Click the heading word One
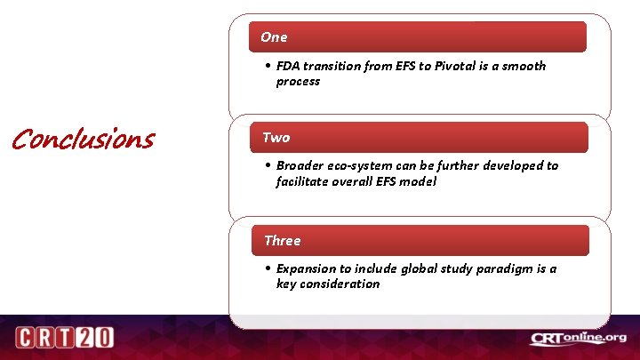click(274, 37)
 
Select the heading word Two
click(276, 138)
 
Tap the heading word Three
click(282, 241)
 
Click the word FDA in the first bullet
click(288, 66)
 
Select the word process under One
click(298, 81)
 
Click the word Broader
click(300, 166)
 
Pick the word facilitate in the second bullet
click(304, 181)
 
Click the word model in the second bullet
click(419, 181)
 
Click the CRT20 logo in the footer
click(64, 338)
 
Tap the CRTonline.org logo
click(579, 338)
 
